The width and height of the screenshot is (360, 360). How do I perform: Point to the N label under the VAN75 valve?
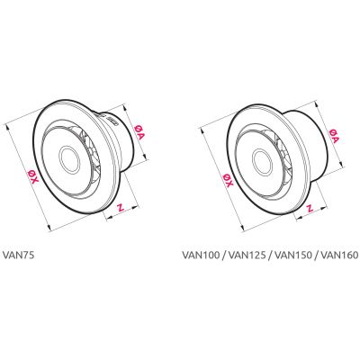[121, 207]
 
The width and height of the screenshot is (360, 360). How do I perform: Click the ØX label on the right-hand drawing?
[228, 180]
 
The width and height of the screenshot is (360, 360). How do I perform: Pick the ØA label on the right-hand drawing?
[333, 136]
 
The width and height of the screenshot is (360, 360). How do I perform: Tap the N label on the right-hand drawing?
[310, 208]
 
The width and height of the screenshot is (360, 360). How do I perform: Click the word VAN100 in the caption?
[200, 255]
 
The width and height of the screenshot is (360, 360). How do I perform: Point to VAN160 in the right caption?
[339, 255]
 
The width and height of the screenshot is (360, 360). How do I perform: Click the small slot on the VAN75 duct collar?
[114, 121]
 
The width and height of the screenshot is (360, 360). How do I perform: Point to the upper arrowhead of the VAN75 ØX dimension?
[7, 127]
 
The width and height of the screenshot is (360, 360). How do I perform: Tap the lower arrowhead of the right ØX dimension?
[243, 228]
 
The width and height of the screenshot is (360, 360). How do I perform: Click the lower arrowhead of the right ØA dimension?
[340, 163]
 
